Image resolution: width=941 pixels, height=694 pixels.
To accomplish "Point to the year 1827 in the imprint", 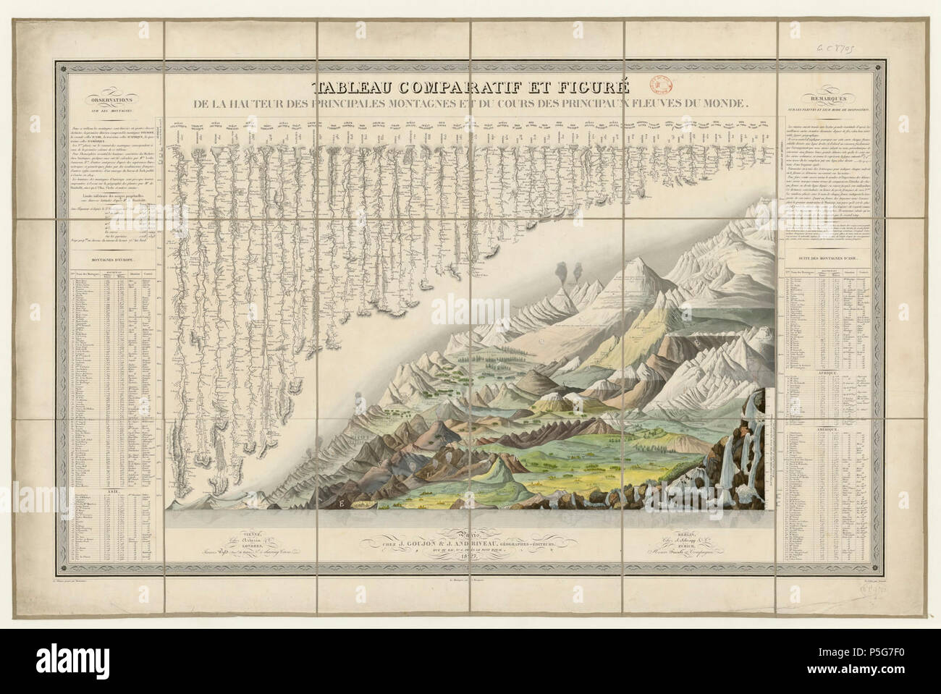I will coord(470,556).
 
